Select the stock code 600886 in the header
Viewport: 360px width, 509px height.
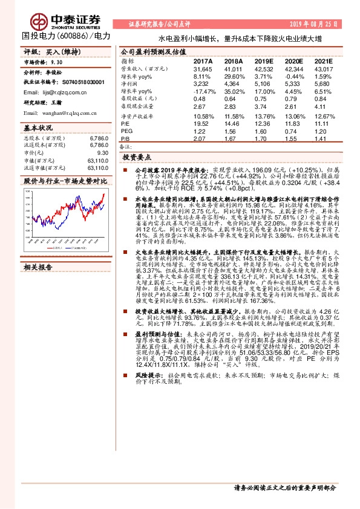(71, 36)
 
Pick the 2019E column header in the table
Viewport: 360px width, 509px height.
(264, 62)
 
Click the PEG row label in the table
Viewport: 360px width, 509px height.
(127, 131)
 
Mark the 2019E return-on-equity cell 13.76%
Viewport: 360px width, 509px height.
(264, 116)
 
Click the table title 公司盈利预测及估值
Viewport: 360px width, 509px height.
(153, 52)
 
